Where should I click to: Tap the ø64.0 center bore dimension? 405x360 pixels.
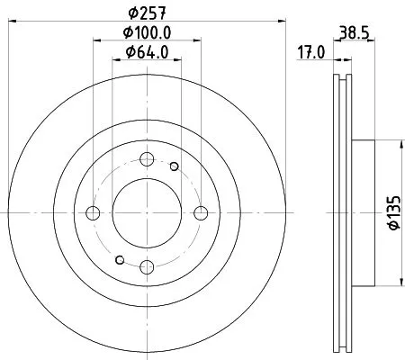(148, 52)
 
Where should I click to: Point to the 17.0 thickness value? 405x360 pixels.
(310, 52)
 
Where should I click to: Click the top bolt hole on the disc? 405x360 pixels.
(147, 159)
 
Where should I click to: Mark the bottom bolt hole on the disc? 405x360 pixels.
(147, 266)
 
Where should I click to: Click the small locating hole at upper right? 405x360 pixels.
(174, 166)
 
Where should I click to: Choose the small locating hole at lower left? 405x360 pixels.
(120, 261)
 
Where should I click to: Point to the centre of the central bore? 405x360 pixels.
(147, 213)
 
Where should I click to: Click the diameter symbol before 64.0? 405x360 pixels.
(128, 52)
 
